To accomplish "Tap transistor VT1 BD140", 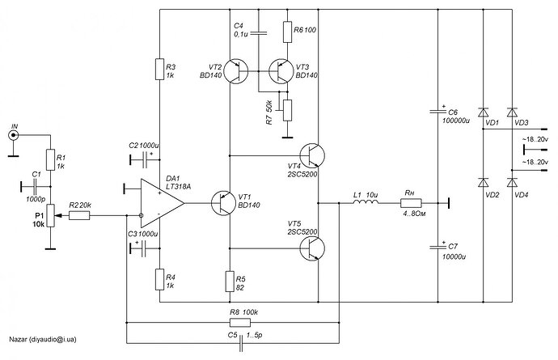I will click(223, 201).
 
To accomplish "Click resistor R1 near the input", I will click(49, 160).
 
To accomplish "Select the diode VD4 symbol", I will click(511, 181).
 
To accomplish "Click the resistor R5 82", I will click(230, 280).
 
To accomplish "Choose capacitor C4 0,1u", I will click(258, 33).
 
